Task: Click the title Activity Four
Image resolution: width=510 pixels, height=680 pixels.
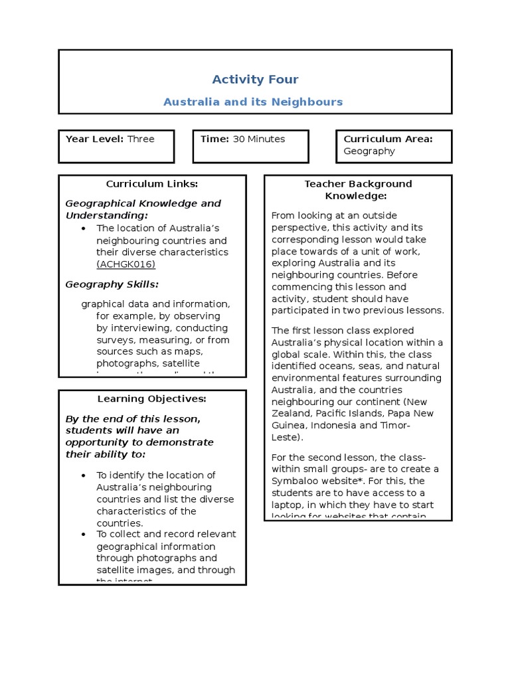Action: click(255, 80)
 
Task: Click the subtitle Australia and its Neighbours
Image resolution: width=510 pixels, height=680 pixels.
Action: click(253, 102)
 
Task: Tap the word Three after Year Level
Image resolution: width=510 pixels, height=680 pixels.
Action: click(141, 139)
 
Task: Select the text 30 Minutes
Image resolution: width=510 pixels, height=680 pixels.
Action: click(259, 139)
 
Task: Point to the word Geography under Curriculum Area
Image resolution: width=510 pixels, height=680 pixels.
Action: click(369, 151)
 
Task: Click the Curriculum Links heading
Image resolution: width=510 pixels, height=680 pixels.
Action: click(152, 184)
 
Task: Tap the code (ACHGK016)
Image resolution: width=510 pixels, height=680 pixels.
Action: click(126, 264)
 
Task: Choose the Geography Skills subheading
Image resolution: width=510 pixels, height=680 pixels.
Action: click(112, 284)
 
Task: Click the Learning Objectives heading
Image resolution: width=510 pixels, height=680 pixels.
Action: click(152, 398)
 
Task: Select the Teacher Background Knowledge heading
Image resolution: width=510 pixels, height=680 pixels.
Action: click(358, 189)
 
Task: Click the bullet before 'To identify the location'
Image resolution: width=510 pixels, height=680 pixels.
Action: click(83, 475)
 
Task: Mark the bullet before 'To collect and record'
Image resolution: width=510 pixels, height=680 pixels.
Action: click(83, 535)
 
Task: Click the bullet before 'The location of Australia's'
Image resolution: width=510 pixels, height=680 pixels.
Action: click(83, 228)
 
